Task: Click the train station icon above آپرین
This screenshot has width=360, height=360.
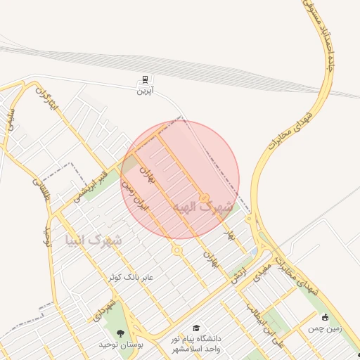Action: click(145, 79)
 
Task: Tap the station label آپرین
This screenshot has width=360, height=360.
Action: click(145, 91)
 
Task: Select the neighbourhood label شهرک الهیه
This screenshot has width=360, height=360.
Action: click(205, 208)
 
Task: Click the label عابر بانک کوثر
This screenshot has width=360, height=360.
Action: click(128, 278)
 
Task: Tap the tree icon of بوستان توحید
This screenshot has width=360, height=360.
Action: click(120, 333)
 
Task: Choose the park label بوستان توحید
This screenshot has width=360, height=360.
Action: click(121, 345)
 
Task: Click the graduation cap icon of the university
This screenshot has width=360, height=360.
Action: click(196, 328)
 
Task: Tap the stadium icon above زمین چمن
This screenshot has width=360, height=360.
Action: click(324, 317)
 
